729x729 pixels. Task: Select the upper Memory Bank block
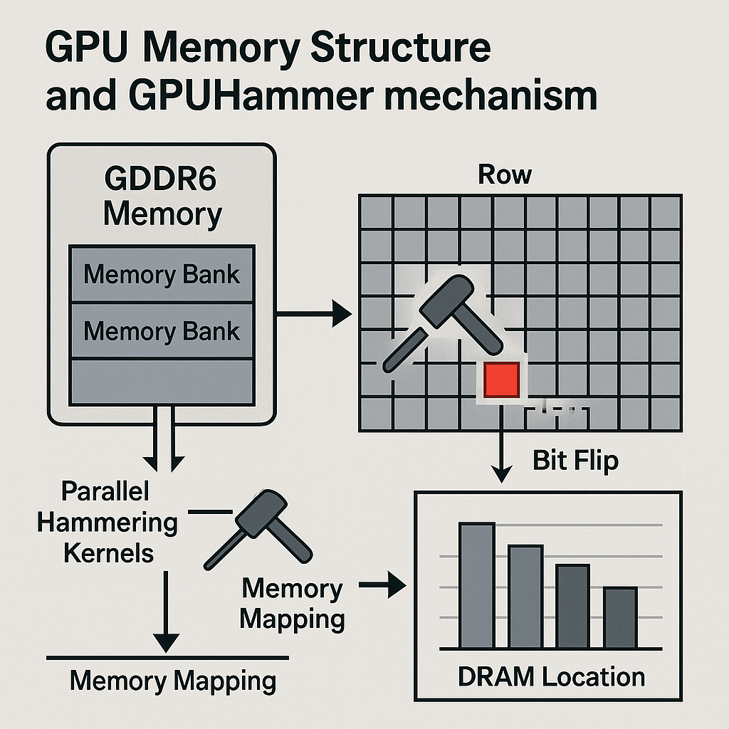pos(162,275)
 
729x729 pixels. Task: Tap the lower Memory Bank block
pos(162,331)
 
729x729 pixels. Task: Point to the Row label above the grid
pos(505,174)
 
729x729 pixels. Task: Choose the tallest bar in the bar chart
pos(476,585)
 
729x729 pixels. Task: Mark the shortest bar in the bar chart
pos(620,617)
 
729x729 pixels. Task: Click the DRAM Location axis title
pos(551,676)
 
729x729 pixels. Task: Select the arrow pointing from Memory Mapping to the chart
pos(382,587)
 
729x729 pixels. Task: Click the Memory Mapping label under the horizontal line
pos(173,681)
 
